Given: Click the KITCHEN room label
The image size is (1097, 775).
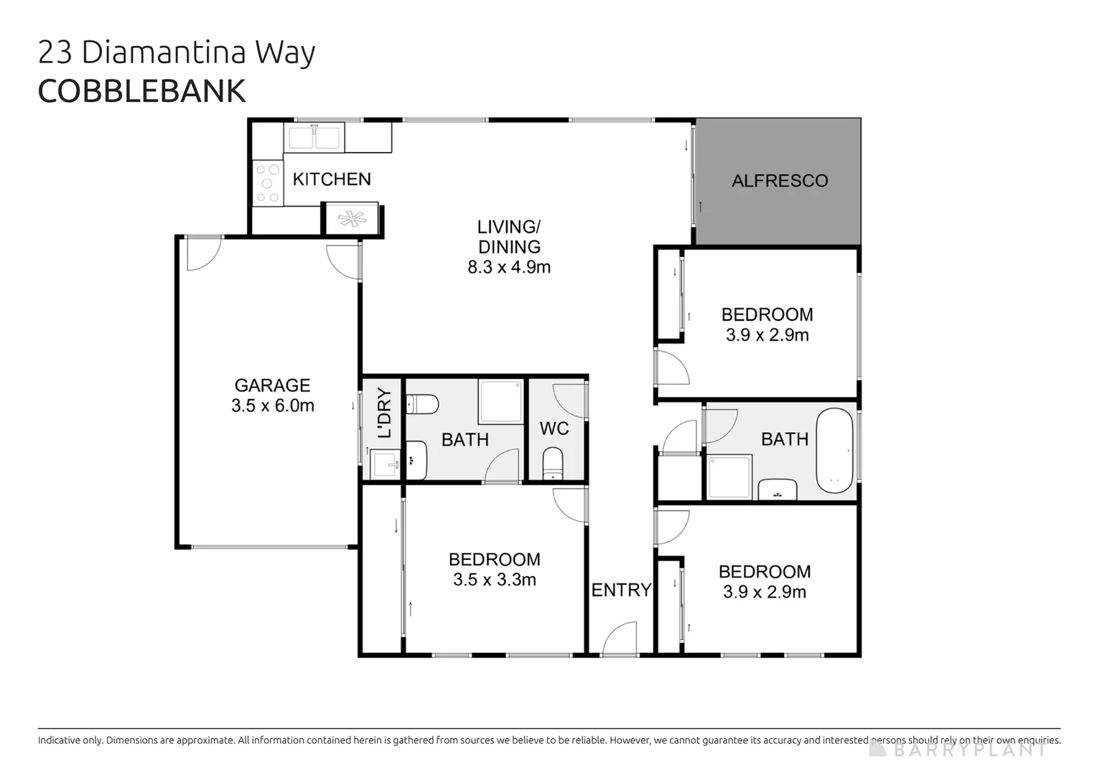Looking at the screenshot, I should [x=332, y=179].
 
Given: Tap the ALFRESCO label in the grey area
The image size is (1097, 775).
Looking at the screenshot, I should [x=780, y=181].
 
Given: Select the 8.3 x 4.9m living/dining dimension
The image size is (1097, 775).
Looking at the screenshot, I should [x=509, y=268].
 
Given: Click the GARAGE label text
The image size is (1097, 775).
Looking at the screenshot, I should [x=272, y=385].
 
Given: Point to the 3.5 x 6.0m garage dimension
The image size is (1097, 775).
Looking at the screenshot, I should [x=272, y=406].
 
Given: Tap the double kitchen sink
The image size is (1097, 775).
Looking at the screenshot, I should [x=314, y=136].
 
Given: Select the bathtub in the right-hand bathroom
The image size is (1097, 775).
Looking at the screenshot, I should [x=834, y=451].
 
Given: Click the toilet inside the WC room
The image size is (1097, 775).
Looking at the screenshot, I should [x=553, y=463].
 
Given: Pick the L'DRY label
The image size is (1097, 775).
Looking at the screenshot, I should [x=384, y=413].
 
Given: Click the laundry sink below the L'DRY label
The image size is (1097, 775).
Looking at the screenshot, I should [x=386, y=464].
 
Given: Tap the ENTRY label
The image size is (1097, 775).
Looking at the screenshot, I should [x=621, y=590].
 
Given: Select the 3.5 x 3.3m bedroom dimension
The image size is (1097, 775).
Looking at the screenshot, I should [x=495, y=580].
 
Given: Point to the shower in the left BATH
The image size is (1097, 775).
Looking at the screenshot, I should [x=501, y=402].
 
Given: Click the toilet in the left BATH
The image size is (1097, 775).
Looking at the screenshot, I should [x=422, y=404].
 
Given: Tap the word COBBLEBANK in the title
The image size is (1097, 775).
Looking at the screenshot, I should [x=141, y=91].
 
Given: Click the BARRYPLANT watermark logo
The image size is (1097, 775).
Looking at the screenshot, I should [x=958, y=750].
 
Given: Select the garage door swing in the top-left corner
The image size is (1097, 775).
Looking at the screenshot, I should [x=202, y=253].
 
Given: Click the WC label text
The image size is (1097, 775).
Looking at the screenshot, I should [x=554, y=429].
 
